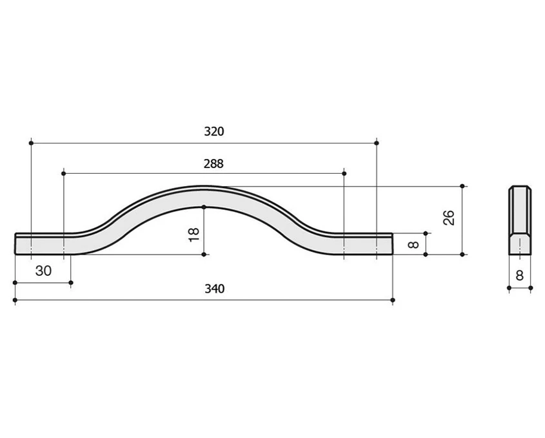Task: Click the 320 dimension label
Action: pos(213,132)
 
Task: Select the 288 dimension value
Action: pos(213,163)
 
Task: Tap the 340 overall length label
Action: pos(215,289)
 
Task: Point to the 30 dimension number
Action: pos(43,271)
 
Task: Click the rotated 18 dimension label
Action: pos(193,235)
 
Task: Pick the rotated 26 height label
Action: pos(449,218)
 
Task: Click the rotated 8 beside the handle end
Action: pos(413,244)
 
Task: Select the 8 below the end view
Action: pos(519,275)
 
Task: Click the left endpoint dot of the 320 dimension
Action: pos(31,143)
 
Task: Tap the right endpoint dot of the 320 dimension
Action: pos(377,143)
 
